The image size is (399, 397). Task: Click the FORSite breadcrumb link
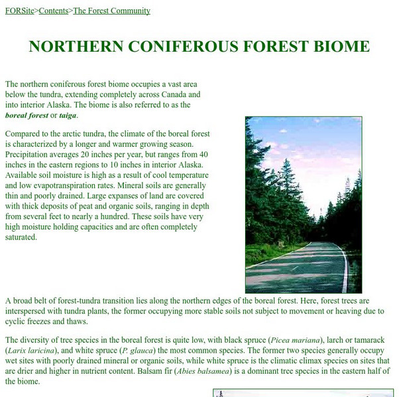(19, 11)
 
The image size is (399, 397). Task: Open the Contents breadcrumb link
(54, 11)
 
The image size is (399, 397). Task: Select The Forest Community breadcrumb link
(111, 11)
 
